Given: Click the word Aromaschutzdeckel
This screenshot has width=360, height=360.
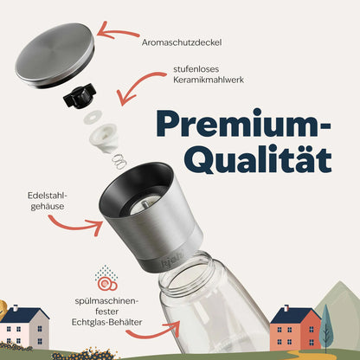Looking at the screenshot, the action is tap(182, 42).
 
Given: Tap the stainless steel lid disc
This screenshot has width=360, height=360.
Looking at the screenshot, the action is tap(55, 55).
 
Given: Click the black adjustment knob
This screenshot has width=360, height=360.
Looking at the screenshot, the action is tap(80, 96).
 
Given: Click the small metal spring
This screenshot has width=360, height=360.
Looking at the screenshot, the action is tap(119, 162).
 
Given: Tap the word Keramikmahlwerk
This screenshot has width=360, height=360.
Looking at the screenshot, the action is tap(209, 80).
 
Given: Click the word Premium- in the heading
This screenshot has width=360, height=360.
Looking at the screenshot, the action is tap(243, 123).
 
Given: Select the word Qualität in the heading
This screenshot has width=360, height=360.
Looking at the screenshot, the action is tap(260, 159).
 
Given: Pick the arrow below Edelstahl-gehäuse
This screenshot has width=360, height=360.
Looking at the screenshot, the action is tap(75, 226).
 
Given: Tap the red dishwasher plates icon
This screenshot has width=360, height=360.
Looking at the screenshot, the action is tap(107, 284).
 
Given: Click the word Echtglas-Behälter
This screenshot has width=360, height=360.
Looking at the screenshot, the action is tap(106, 322).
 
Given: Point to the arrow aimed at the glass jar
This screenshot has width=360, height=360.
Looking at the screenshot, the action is tap(153, 331).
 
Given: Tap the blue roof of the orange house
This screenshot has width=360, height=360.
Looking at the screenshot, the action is tap(295, 316).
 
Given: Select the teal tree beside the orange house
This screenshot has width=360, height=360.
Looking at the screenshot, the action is tap(326, 327).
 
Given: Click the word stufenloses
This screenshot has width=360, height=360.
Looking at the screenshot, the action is tap(196, 69).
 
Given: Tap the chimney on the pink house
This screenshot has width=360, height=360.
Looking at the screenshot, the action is tap(16, 307).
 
